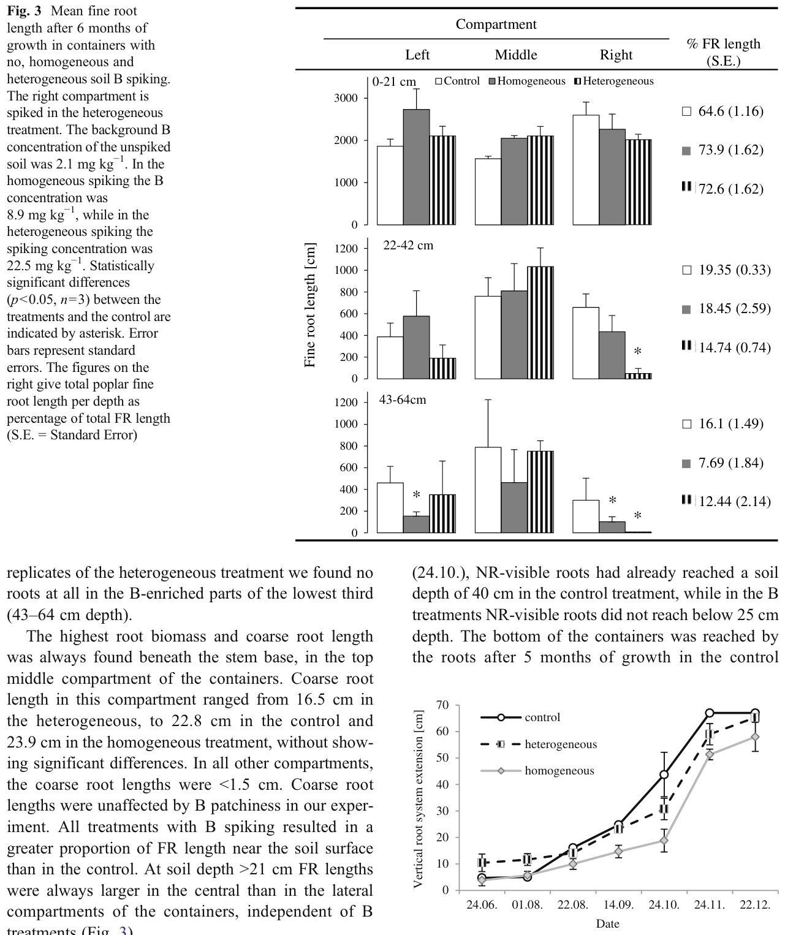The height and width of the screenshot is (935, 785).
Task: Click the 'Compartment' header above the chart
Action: [496, 24]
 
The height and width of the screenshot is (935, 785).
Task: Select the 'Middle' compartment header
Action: [516, 55]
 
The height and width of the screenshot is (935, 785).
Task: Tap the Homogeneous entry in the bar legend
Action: [527, 81]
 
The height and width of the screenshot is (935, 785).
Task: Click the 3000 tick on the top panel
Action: [346, 98]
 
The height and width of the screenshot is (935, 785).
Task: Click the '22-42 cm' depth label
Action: [408, 246]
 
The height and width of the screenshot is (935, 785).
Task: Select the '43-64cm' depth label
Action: [403, 399]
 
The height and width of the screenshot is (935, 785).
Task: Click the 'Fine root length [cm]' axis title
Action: [310, 305]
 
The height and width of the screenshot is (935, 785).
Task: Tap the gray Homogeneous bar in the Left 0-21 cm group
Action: [417, 167]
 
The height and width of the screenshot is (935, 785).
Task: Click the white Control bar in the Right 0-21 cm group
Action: [586, 170]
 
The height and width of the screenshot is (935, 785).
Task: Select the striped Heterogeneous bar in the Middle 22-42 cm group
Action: [540, 322]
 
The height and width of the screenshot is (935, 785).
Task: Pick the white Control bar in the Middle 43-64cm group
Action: [488, 490]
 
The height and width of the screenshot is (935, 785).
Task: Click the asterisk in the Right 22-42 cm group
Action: [638, 352]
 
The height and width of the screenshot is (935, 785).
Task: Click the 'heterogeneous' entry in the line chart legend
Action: [561, 744]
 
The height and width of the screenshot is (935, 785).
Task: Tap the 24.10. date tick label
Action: [664, 905]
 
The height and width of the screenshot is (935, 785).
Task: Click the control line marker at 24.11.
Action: [710, 713]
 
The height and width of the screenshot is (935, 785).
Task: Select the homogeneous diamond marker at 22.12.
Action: [755, 737]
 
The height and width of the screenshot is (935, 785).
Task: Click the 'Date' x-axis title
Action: [608, 924]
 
